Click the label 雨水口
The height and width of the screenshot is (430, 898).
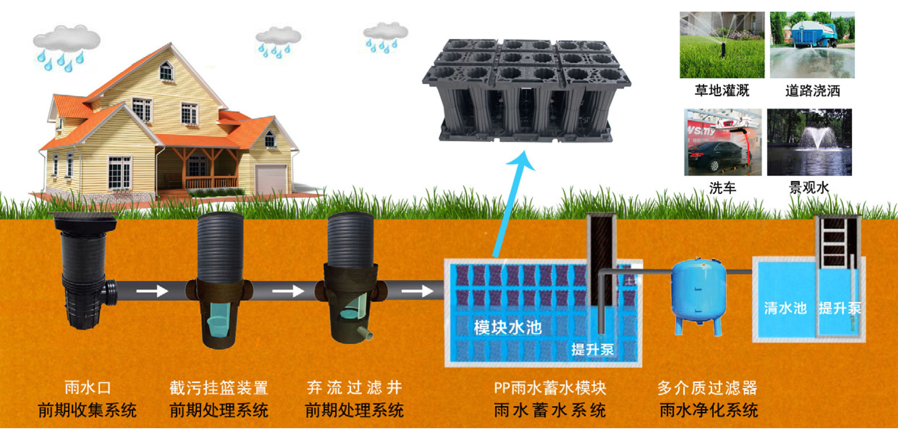click(x=88, y=388)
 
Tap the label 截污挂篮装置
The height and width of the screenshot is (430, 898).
click(x=219, y=388)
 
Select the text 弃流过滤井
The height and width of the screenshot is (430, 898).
click(x=354, y=388)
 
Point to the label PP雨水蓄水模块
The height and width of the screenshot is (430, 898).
click(x=550, y=388)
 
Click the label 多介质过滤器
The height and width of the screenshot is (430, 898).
click(x=707, y=388)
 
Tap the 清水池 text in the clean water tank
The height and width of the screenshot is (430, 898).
click(x=785, y=308)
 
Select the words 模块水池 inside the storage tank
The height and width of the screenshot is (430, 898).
click(x=508, y=327)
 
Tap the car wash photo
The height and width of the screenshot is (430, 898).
click(x=723, y=142)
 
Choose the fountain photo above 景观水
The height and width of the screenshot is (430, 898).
click(x=809, y=142)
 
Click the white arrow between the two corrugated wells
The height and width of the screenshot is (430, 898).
click(x=288, y=291)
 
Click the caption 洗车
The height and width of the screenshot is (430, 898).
click(x=722, y=188)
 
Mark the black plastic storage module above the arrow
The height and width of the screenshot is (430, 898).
click(x=527, y=91)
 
